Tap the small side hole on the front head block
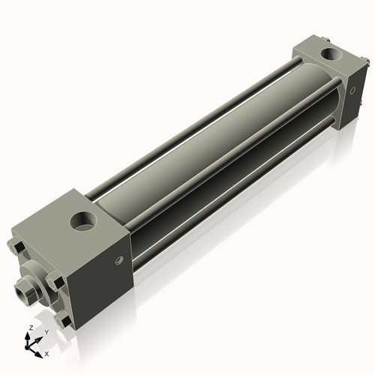(117, 261)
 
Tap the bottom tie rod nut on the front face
(66, 321)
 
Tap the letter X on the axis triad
(47, 352)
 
